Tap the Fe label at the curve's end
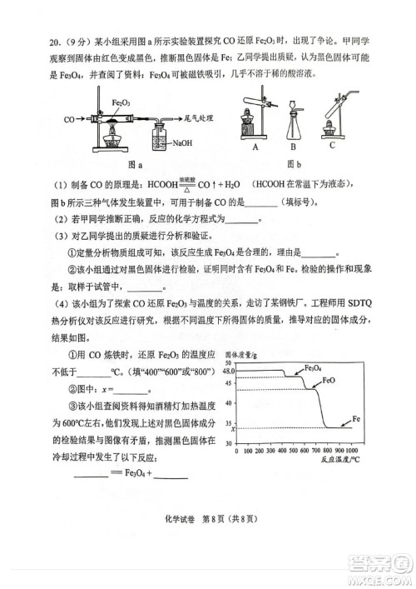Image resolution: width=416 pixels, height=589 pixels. (355, 417)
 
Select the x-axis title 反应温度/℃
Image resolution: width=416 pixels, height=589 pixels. (334, 460)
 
